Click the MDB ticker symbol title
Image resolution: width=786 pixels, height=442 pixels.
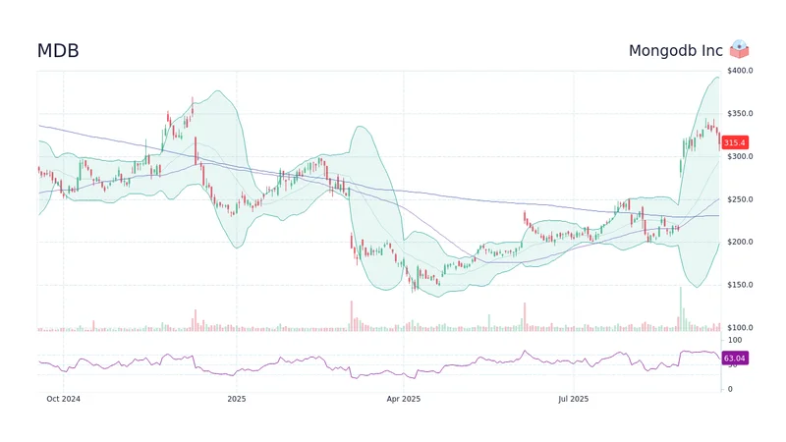point(58,50)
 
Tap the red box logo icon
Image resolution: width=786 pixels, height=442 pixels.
point(740,49)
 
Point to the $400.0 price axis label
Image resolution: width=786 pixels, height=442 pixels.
point(739,71)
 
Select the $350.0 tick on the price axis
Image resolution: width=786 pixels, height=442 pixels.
point(739,114)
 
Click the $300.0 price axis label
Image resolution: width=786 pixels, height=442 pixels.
point(739,156)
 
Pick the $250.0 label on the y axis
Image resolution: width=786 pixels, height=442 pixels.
point(739,199)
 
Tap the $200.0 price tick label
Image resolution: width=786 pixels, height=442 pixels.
point(739,242)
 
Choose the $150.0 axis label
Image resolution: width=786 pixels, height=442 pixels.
point(739,285)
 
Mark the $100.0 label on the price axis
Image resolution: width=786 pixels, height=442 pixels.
point(739,327)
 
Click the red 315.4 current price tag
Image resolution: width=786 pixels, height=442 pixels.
point(735,142)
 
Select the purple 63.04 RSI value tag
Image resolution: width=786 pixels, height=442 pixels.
point(735,359)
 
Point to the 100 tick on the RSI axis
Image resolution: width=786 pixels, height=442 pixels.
point(733,340)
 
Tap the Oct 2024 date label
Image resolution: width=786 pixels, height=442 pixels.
point(64,400)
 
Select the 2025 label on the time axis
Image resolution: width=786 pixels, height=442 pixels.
point(236,400)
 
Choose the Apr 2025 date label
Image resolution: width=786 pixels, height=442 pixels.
point(403,400)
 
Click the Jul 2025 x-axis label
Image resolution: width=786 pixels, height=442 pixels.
point(572,400)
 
